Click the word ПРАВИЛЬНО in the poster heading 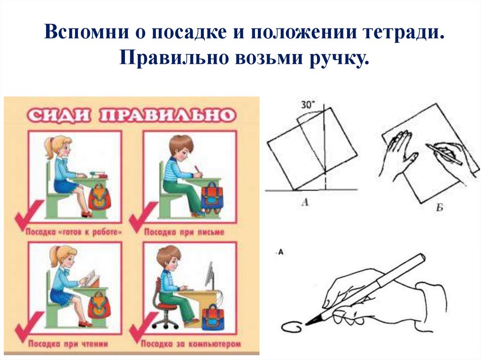tap(168, 115)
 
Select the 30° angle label tap(308, 105)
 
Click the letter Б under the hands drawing tap(439, 208)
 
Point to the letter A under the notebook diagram tap(305, 202)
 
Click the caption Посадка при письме tap(184, 232)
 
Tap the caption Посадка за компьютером tap(191, 344)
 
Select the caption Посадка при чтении tap(68, 344)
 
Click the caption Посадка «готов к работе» tap(74, 232)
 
